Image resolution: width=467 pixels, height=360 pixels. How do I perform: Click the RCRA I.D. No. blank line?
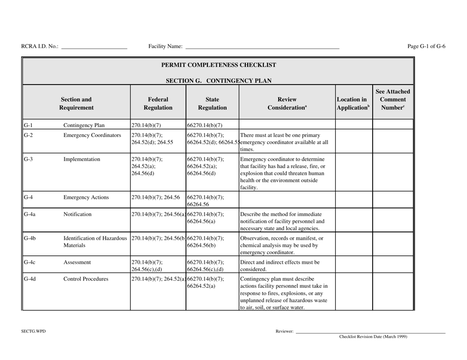click(x=94, y=48)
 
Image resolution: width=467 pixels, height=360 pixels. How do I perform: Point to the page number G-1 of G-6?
click(x=426, y=46)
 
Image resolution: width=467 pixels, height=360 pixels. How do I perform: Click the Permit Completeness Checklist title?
click(x=218, y=65)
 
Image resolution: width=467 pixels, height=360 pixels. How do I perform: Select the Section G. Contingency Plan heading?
click(x=218, y=81)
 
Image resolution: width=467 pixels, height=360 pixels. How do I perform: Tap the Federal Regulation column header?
click(x=158, y=102)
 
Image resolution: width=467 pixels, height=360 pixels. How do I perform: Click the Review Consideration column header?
click(x=287, y=102)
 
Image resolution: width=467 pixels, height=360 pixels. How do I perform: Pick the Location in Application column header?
click(x=353, y=102)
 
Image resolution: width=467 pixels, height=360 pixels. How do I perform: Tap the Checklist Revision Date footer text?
click(x=373, y=337)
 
